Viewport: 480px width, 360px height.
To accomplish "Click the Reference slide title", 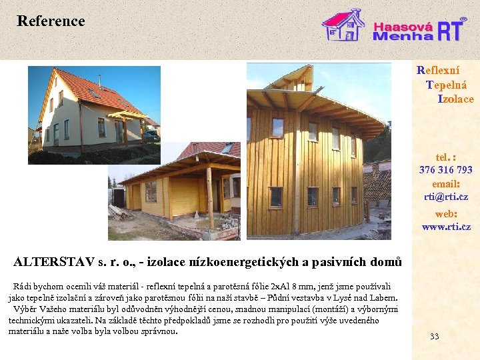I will coord(51,21).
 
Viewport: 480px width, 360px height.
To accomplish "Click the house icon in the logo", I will coord(343,25).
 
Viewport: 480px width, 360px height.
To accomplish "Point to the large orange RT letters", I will coord(451,30).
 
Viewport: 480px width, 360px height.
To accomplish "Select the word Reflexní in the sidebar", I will coord(438,69).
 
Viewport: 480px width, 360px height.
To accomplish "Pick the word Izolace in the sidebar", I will coord(455,99).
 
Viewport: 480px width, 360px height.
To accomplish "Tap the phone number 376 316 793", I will coord(446,170).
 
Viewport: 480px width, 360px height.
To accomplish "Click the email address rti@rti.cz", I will coord(446,197).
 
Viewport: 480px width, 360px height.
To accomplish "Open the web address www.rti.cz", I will coord(446,227).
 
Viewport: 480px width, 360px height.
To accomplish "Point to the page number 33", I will coord(435,336).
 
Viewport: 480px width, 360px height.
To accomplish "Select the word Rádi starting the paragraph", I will coord(23,287).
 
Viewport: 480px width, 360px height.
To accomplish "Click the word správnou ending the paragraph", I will coord(160,331).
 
